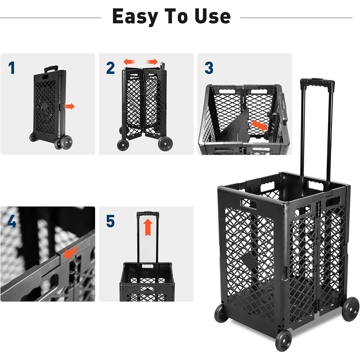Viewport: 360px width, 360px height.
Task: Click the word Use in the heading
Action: pyautogui.click(x=212, y=16)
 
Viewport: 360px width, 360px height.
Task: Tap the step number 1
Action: pyautogui.click(x=12, y=68)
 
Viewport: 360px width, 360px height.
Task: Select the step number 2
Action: pyautogui.click(x=110, y=68)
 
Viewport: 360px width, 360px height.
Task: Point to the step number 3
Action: pyautogui.click(x=209, y=68)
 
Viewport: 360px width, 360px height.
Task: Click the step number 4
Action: pyautogui.click(x=12, y=221)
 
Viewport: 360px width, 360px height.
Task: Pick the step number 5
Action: pyautogui.click(x=110, y=221)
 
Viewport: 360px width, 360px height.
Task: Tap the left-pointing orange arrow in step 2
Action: pyautogui.click(x=129, y=62)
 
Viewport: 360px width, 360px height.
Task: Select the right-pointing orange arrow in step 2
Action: pyautogui.click(x=152, y=62)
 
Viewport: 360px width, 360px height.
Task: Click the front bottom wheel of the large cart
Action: pyautogui.click(x=283, y=340)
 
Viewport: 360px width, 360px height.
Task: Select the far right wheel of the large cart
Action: pyautogui.click(x=351, y=309)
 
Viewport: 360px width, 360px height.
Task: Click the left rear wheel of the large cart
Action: pyautogui.click(x=221, y=313)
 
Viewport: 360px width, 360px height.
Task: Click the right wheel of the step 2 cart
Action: pyautogui.click(x=165, y=144)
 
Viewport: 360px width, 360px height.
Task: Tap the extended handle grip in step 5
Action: pyautogui.click(x=148, y=214)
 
